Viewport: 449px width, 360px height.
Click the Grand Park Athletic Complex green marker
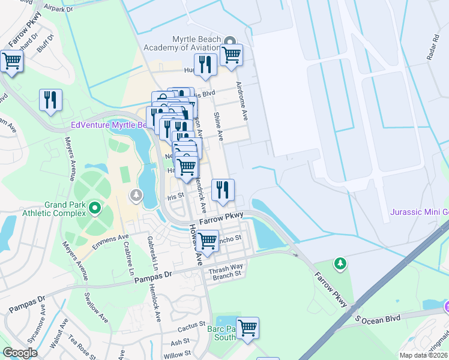pyautogui.click(x=94, y=208)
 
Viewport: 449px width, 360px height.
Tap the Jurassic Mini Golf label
pyautogui.click(x=419, y=212)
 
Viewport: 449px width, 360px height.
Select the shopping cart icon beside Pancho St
pyautogui.click(x=208, y=241)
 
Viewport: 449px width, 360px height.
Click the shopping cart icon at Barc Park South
pyautogui.click(x=247, y=328)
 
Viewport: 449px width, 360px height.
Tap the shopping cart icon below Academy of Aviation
pyautogui.click(x=231, y=55)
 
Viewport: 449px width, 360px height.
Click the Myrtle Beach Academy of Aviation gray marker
pyautogui.click(x=229, y=41)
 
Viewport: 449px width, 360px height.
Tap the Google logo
pyautogui.click(x=20, y=353)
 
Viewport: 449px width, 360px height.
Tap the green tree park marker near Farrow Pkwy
pyautogui.click(x=340, y=263)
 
